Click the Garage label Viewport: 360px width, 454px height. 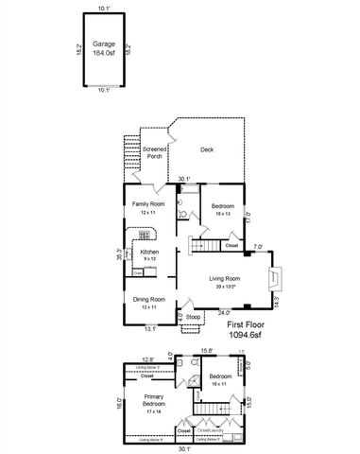103,44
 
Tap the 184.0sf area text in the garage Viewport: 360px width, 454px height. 103,53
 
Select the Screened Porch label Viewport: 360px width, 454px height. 155,152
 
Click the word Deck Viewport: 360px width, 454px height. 207,149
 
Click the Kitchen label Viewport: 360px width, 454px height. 148,253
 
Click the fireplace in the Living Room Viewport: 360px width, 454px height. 272,277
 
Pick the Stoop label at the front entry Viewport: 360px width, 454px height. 193,316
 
